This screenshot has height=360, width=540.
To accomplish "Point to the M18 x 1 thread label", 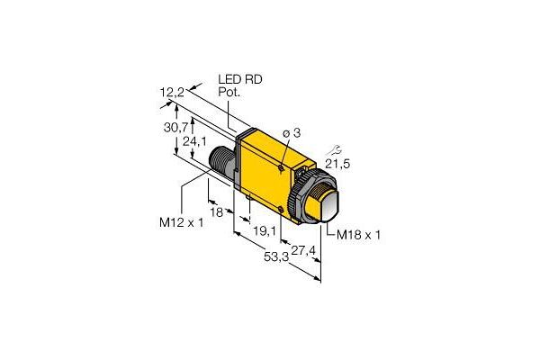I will [359, 235].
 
